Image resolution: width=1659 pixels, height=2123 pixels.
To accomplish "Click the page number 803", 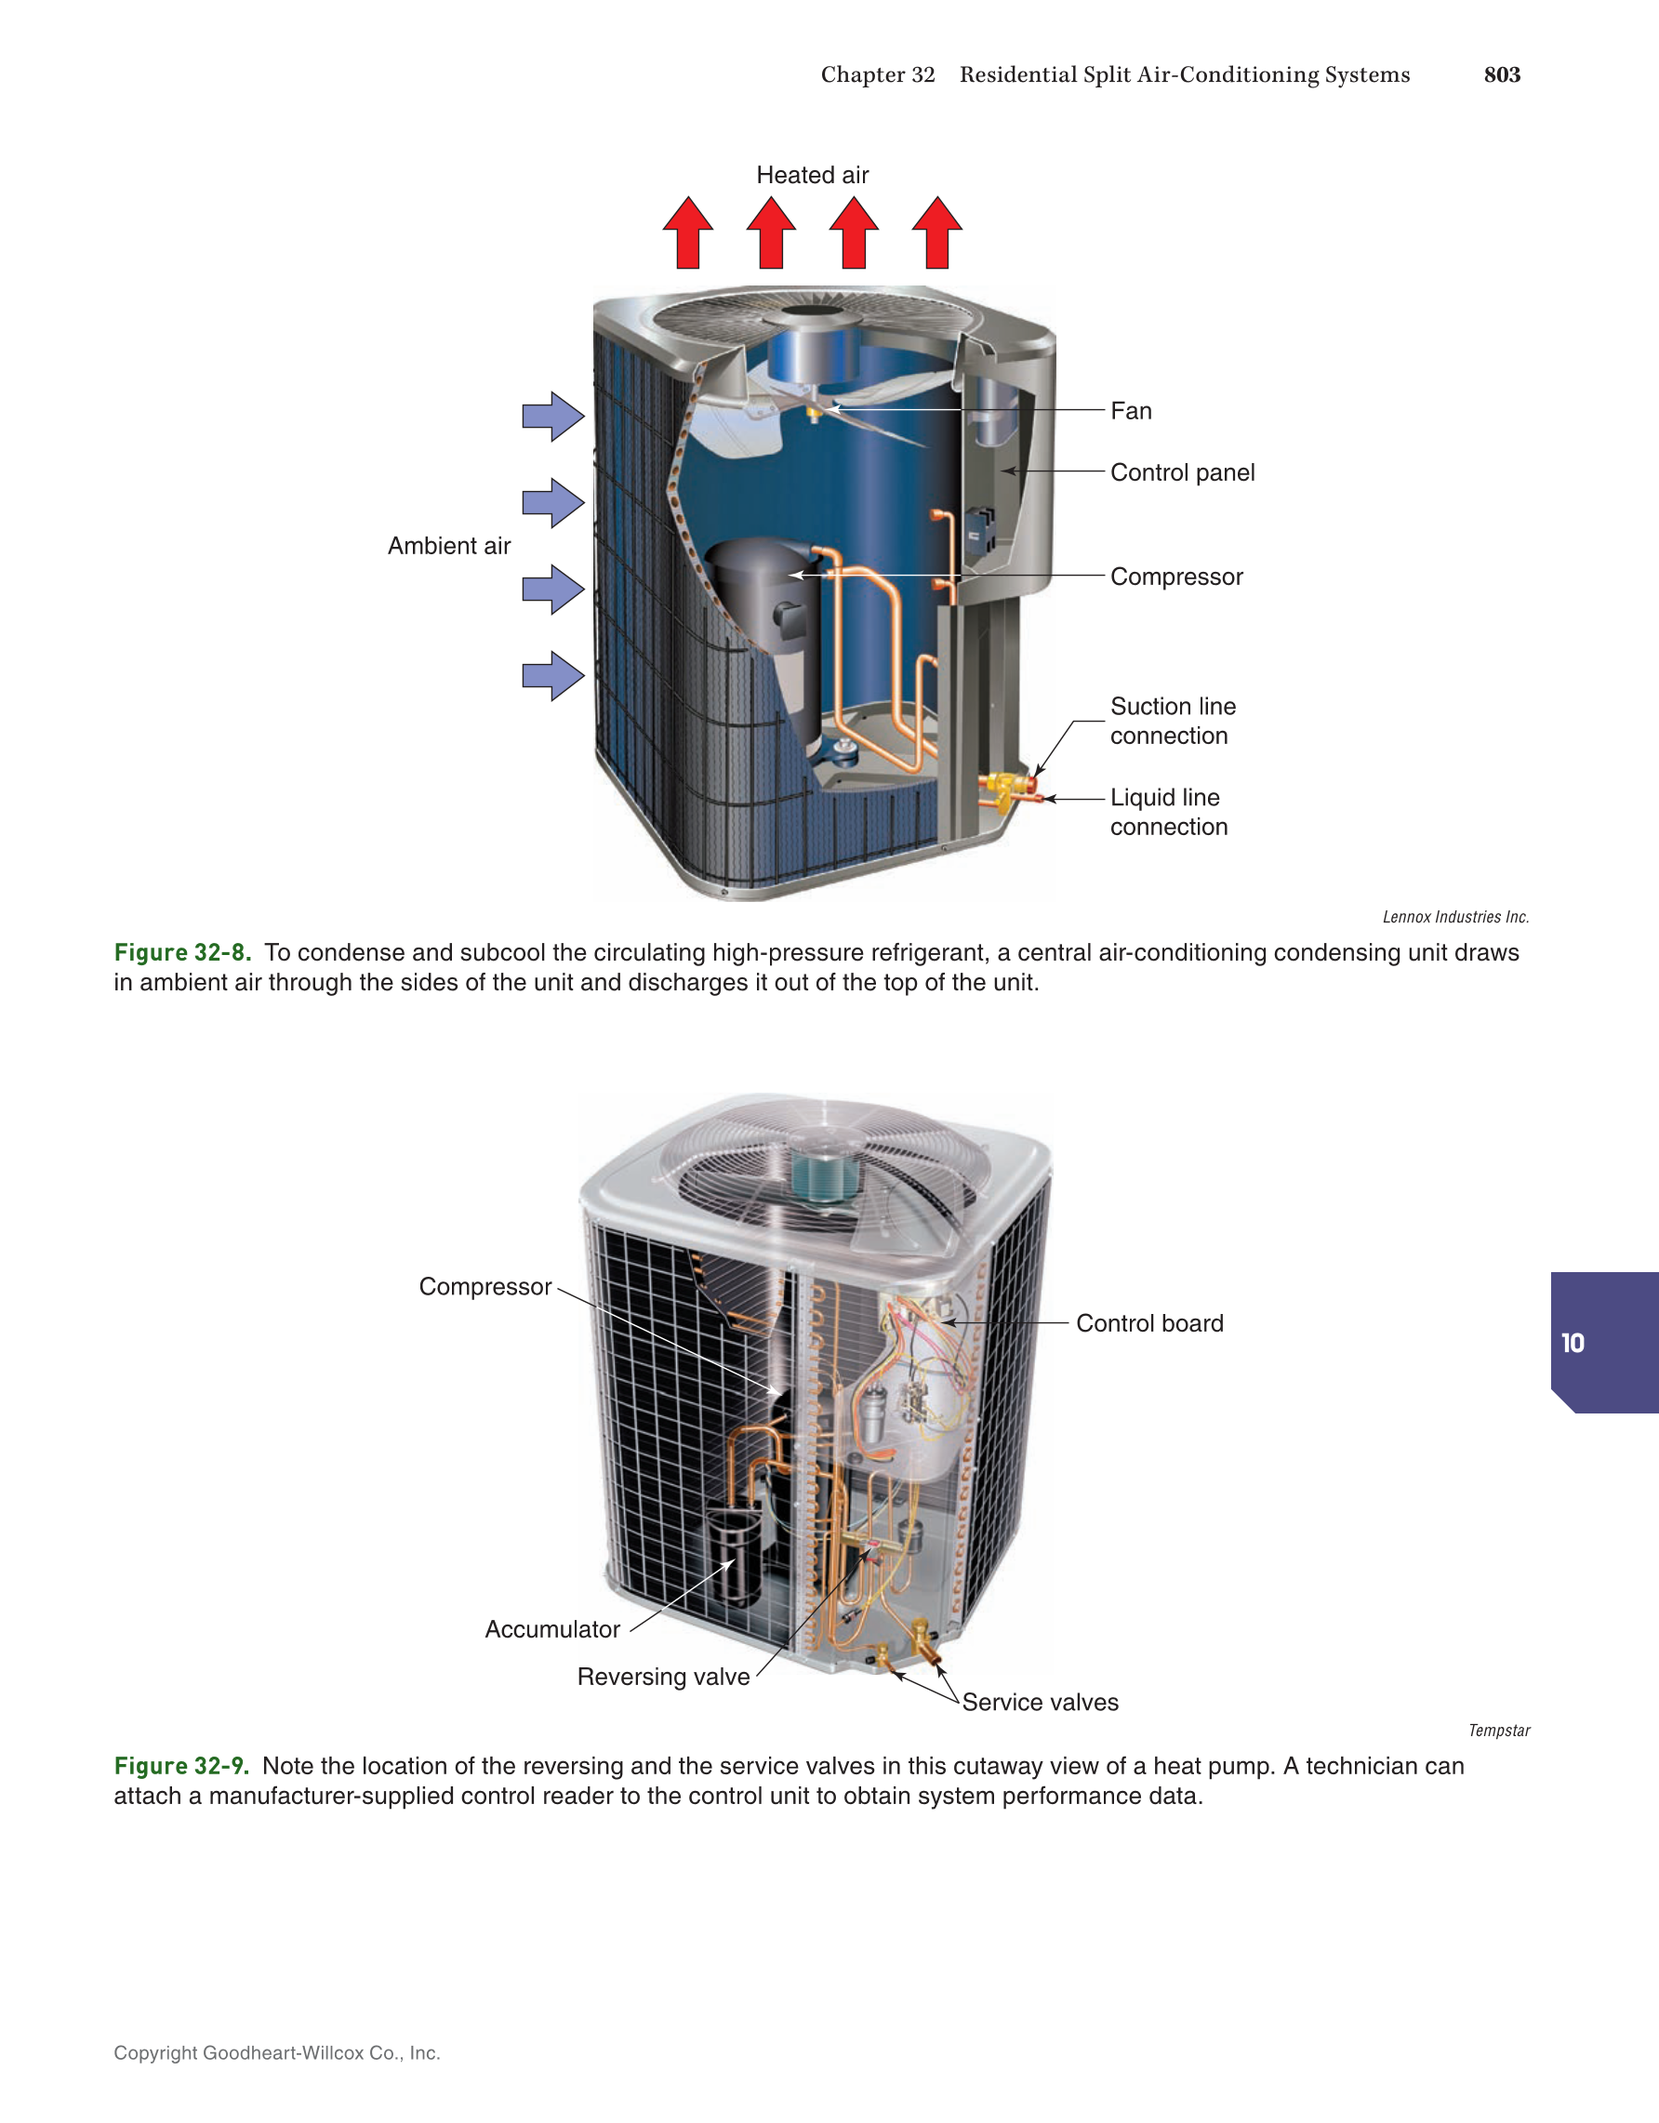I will [1501, 74].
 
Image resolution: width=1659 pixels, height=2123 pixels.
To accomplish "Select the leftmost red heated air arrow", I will [687, 233].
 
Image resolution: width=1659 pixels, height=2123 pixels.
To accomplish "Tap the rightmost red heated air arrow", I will [936, 233].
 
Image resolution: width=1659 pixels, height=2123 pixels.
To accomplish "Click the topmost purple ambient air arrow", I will [552, 416].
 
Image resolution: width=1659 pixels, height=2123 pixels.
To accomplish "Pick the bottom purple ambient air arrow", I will [552, 676].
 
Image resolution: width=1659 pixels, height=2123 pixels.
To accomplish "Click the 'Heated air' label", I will [812, 175].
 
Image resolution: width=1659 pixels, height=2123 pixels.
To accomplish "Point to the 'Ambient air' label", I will [448, 545].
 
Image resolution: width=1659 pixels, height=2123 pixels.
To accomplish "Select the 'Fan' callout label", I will [1130, 411].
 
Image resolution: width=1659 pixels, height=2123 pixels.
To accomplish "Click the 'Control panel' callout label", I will [1182, 472].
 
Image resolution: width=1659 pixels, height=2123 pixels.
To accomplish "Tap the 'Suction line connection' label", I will [1172, 721].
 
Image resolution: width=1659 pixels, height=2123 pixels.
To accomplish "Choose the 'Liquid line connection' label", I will [1168, 812].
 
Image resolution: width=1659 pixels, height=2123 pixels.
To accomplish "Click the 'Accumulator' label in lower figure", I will [552, 1629].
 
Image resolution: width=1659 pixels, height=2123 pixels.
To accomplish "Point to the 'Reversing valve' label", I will [663, 1677].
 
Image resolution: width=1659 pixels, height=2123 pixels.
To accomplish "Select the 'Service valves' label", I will [1040, 1702].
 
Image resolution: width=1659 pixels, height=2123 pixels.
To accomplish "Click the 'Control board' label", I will [1148, 1323].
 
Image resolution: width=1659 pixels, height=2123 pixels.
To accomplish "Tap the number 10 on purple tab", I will [1572, 1344].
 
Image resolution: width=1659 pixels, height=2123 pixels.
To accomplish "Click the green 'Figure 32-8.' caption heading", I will [182, 952].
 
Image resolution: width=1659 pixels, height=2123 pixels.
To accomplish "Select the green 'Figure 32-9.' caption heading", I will [181, 1766].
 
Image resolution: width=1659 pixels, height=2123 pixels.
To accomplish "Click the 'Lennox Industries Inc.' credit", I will [1455, 917].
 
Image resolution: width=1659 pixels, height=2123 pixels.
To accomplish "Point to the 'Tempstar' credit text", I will [1499, 1731].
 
